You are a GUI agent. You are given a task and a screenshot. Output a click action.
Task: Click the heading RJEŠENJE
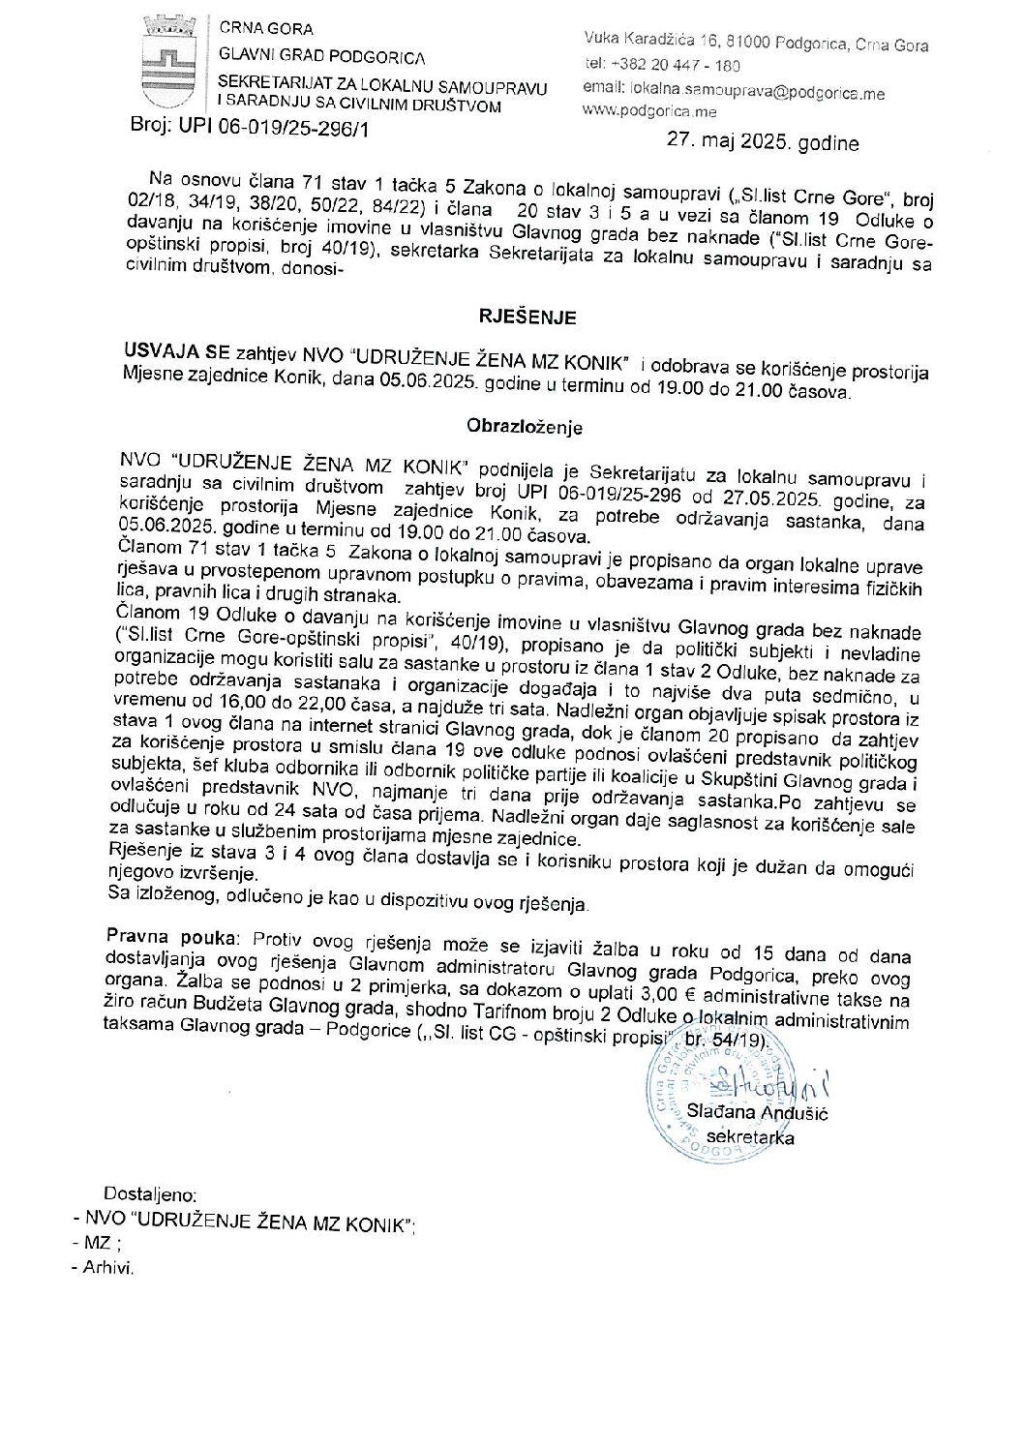(527, 317)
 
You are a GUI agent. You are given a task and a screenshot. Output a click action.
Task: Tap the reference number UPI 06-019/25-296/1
(274, 127)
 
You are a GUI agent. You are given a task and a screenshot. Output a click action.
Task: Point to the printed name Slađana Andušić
(757, 1113)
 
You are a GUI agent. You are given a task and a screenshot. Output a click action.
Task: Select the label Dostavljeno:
(150, 1194)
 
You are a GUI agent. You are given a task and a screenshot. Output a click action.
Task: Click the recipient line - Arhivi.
(103, 1268)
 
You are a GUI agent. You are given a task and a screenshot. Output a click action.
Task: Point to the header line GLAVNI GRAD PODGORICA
(322, 57)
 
